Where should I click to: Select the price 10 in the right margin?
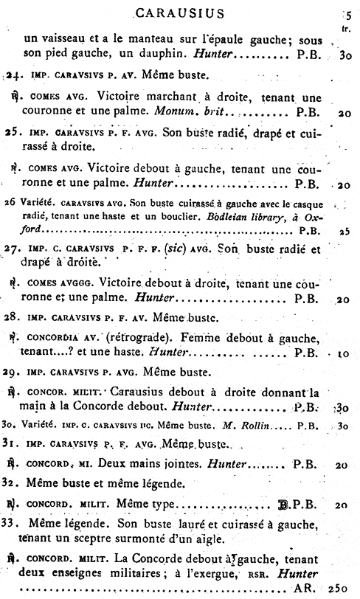[344, 353]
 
